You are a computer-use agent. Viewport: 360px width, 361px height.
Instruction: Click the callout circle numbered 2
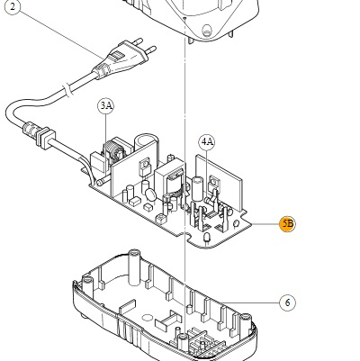click(13, 7)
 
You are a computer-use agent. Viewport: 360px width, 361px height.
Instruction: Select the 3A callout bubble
click(106, 106)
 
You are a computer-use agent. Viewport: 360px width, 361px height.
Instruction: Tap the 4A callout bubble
click(207, 142)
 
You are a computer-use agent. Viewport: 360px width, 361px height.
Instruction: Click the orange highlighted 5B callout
click(287, 224)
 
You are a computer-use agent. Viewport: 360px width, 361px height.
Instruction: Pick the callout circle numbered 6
click(287, 302)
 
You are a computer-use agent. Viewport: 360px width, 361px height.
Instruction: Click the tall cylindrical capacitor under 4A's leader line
click(197, 188)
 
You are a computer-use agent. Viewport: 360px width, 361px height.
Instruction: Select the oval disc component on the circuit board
click(151, 194)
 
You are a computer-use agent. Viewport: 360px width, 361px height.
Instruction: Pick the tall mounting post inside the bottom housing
click(135, 266)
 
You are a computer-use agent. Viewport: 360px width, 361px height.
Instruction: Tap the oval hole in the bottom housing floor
click(147, 318)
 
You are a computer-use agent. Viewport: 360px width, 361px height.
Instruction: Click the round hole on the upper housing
click(207, 30)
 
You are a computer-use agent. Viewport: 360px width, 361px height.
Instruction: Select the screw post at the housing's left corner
click(86, 284)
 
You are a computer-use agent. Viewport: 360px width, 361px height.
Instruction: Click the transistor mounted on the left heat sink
click(144, 168)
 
